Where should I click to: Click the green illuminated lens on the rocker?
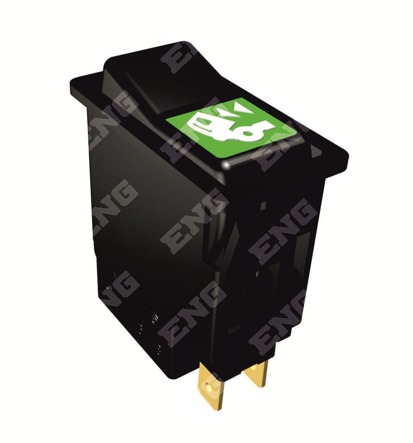click(x=230, y=127)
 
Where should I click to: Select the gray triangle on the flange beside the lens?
click(x=314, y=150)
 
